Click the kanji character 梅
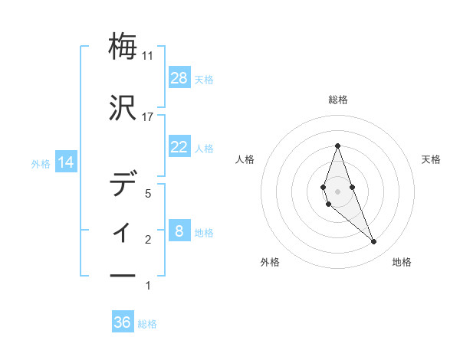(x=123, y=47)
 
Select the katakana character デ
(x=123, y=184)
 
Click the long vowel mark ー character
(x=123, y=275)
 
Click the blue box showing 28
(x=179, y=78)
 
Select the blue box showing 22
(x=179, y=147)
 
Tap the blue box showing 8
(x=179, y=231)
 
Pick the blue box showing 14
(x=65, y=162)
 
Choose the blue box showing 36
(x=123, y=322)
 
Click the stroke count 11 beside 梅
(x=148, y=56)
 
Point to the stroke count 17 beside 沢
(x=148, y=117)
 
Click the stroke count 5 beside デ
(x=149, y=194)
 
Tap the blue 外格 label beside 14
(x=40, y=163)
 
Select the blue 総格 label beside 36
(x=147, y=323)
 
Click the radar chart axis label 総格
(x=337, y=100)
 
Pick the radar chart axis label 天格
(x=432, y=159)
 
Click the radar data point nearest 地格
(x=374, y=242)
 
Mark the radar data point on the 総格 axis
(x=337, y=146)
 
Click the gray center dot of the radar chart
(x=337, y=191)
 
